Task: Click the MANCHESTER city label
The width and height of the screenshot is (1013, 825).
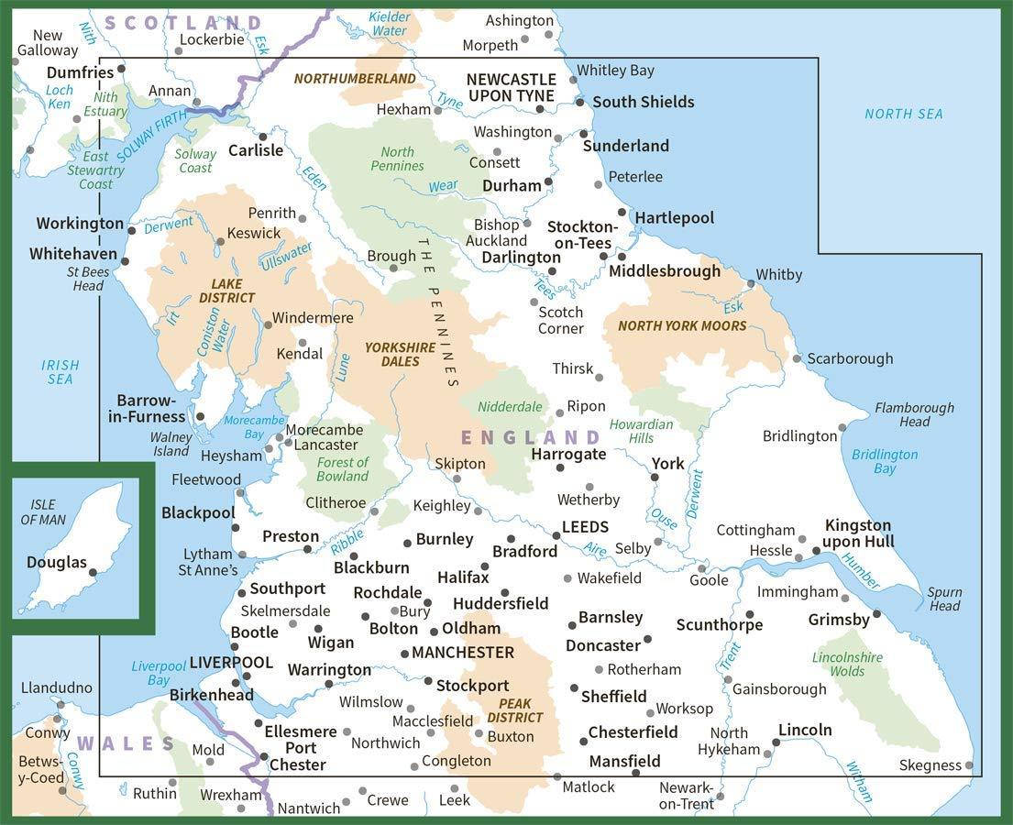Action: point(463,653)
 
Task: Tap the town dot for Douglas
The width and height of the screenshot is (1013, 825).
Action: point(93,572)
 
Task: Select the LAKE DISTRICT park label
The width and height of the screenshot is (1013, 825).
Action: point(227,291)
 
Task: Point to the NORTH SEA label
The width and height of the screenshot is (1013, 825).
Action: point(903,114)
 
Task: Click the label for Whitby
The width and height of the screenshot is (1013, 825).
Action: point(779,275)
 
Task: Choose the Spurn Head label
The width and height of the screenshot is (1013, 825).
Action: point(944,599)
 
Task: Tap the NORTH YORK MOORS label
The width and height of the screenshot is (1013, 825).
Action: point(682,325)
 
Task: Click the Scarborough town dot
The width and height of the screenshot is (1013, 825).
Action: point(798,358)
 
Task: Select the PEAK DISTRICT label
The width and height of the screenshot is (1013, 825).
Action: point(514,710)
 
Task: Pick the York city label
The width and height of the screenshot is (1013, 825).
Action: point(667,464)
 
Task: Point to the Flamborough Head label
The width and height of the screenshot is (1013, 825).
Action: point(913,414)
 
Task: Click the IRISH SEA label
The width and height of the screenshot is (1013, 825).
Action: point(61,371)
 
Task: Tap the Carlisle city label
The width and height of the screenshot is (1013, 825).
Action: point(256,150)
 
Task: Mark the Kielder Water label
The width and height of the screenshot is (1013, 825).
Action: point(390,24)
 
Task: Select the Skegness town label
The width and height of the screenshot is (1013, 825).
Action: point(930,764)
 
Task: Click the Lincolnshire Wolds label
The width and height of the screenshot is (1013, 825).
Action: point(847,665)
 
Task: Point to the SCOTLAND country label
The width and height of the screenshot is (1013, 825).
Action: point(183,23)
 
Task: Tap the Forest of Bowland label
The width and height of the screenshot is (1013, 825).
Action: point(342,469)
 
